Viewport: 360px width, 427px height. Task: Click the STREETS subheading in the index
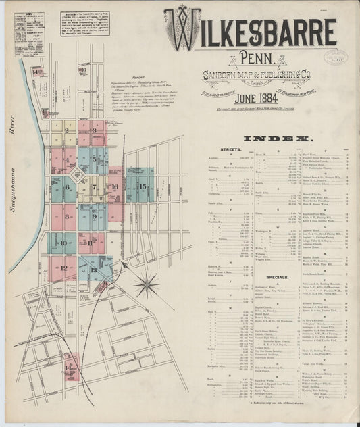click(230, 149)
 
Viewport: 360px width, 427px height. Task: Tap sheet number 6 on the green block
click(67, 189)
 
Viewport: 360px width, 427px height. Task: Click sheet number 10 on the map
click(63, 243)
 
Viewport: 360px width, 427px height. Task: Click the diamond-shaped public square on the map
click(78, 175)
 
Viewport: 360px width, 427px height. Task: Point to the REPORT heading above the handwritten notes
click(138, 77)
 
